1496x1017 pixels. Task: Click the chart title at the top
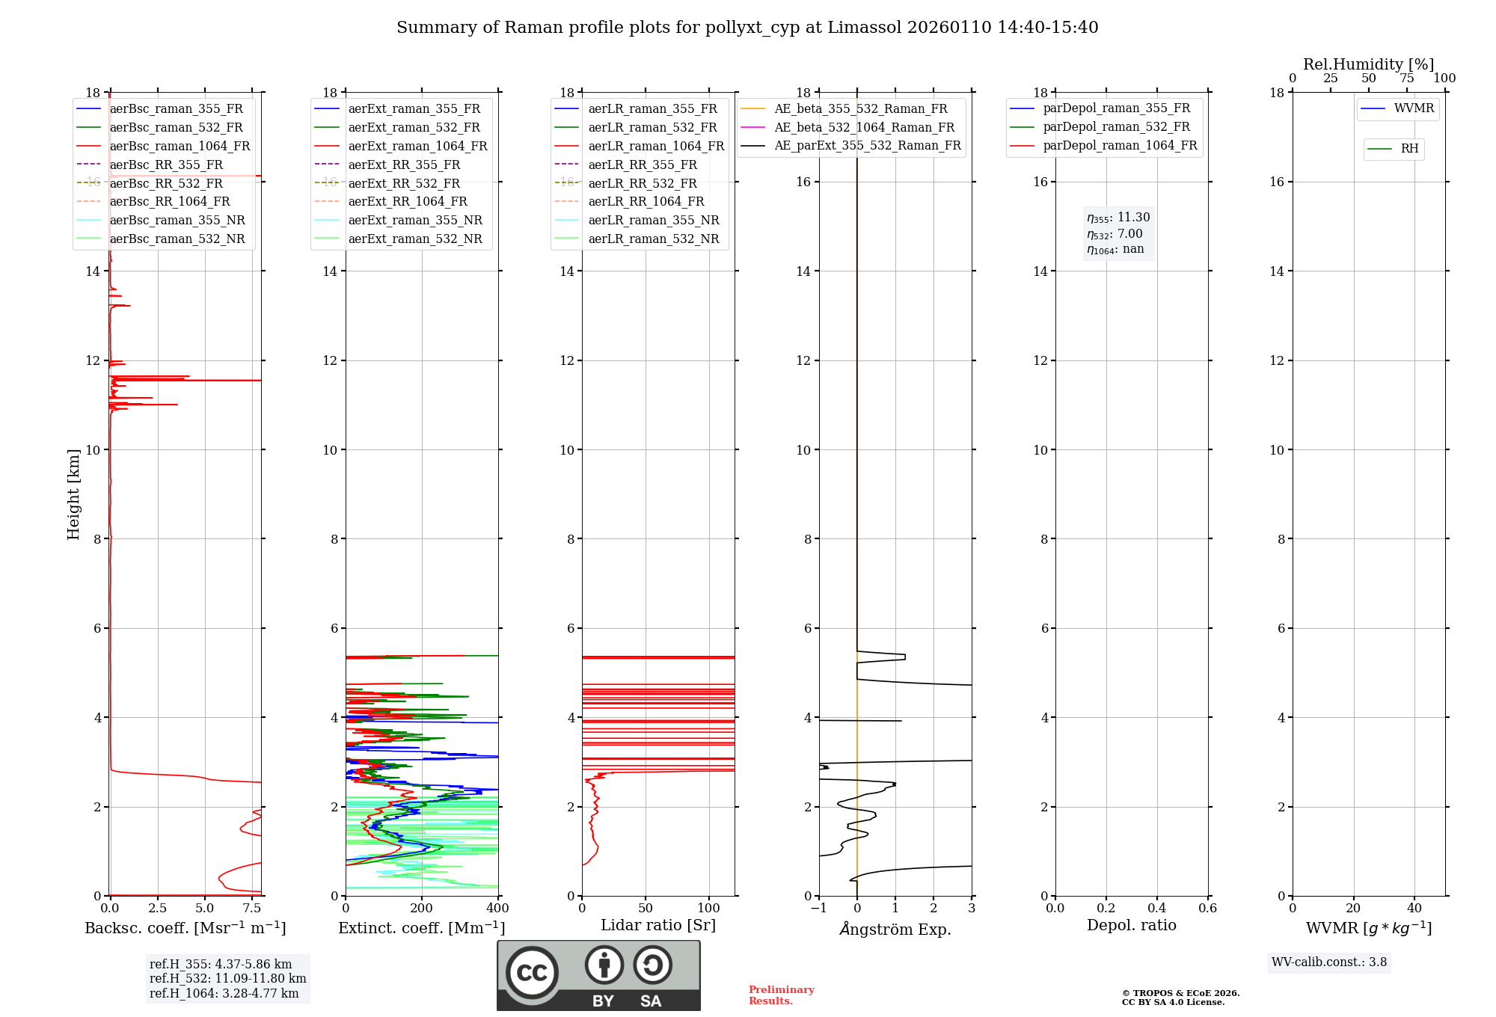pyautogui.click(x=747, y=28)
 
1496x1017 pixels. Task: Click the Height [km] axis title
pyautogui.click(x=73, y=494)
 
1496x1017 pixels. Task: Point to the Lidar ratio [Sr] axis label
pyautogui.click(x=658, y=925)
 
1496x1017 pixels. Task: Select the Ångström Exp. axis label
pyautogui.click(x=895, y=930)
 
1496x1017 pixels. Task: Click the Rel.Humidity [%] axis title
pyautogui.click(x=1368, y=64)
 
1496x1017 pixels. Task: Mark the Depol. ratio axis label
pyautogui.click(x=1131, y=925)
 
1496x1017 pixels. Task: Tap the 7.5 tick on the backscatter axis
pyautogui.click(x=252, y=909)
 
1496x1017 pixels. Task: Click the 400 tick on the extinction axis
pyautogui.click(x=497, y=909)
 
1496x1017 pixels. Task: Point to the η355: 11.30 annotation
pyautogui.click(x=1118, y=218)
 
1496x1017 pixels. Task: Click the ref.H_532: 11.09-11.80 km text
pyautogui.click(x=227, y=978)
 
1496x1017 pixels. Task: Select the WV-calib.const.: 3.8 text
pyautogui.click(x=1329, y=962)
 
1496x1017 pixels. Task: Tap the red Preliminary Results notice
pyautogui.click(x=781, y=995)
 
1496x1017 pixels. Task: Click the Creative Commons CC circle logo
pyautogui.click(x=532, y=973)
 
